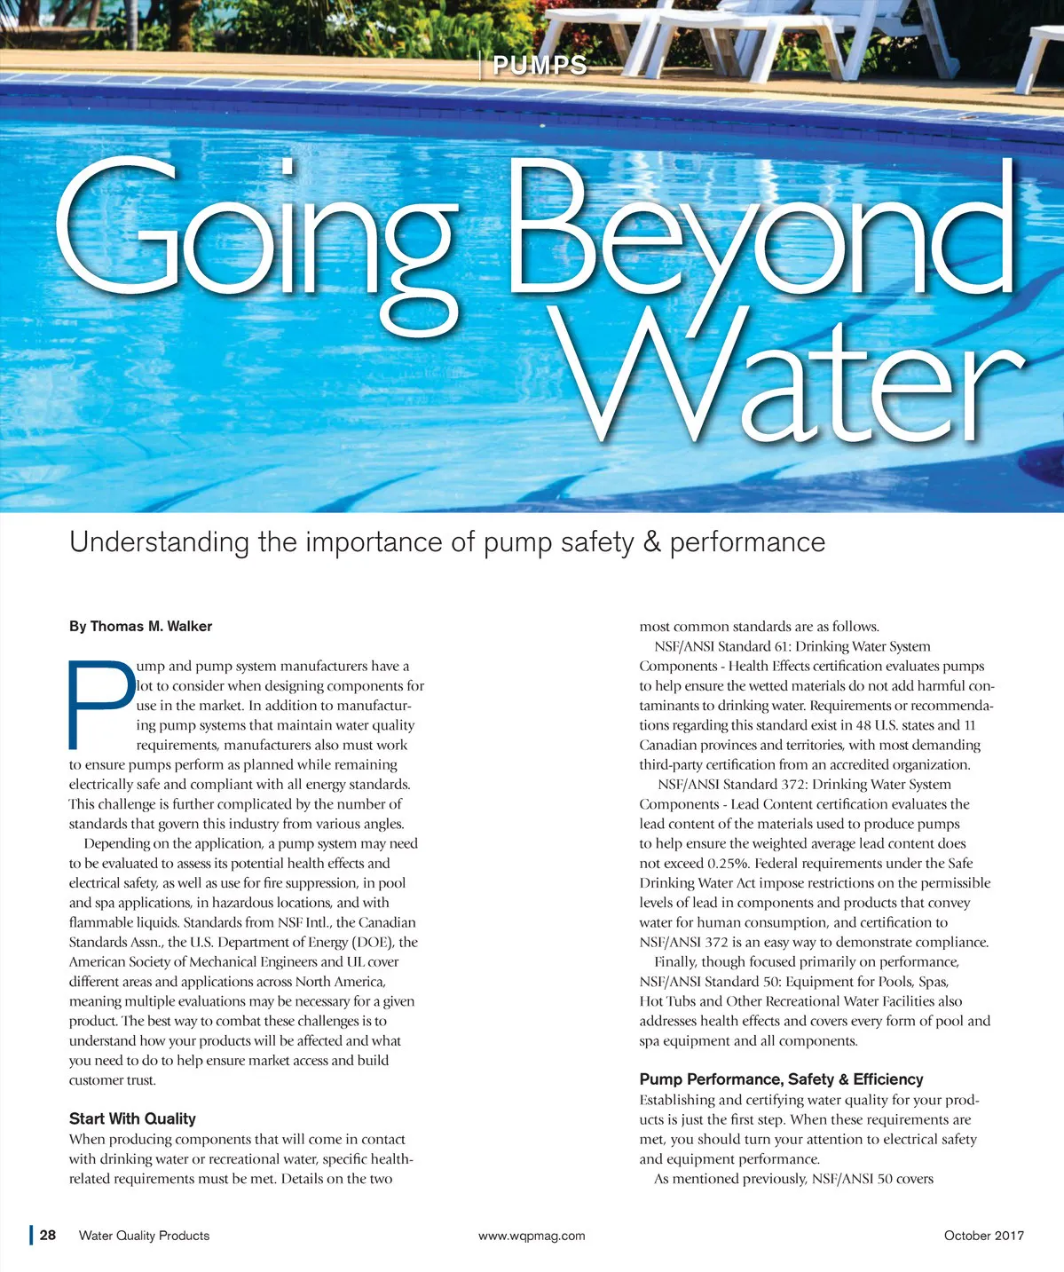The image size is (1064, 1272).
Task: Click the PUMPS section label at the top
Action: [539, 65]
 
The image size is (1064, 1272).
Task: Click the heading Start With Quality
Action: [132, 1119]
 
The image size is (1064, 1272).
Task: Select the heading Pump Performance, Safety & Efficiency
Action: [781, 1079]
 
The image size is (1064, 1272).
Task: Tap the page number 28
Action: [48, 1236]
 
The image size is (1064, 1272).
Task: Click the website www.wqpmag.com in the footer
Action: [532, 1236]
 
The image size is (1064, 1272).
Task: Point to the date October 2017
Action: [983, 1236]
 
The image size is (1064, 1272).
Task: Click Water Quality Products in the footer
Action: [144, 1236]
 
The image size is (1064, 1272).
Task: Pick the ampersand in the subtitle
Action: [651, 542]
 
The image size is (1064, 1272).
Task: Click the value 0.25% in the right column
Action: [729, 864]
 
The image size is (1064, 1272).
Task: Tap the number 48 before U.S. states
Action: [864, 726]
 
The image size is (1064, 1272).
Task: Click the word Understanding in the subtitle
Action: [159, 542]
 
